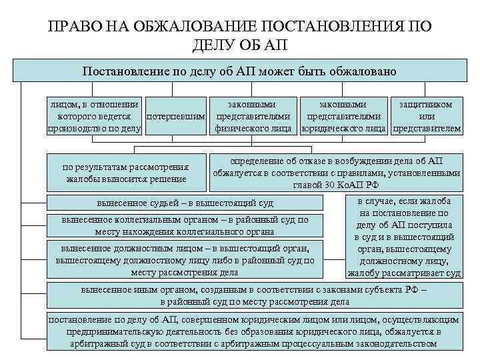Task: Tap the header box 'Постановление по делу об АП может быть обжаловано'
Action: coord(239,71)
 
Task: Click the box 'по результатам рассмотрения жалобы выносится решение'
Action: coord(125,173)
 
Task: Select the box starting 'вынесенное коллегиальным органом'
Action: coord(185,225)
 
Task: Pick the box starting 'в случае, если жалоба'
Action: coord(404,237)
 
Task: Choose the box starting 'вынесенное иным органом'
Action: coord(254,296)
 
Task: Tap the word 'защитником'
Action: coord(426,105)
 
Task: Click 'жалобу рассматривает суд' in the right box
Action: coord(404,273)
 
